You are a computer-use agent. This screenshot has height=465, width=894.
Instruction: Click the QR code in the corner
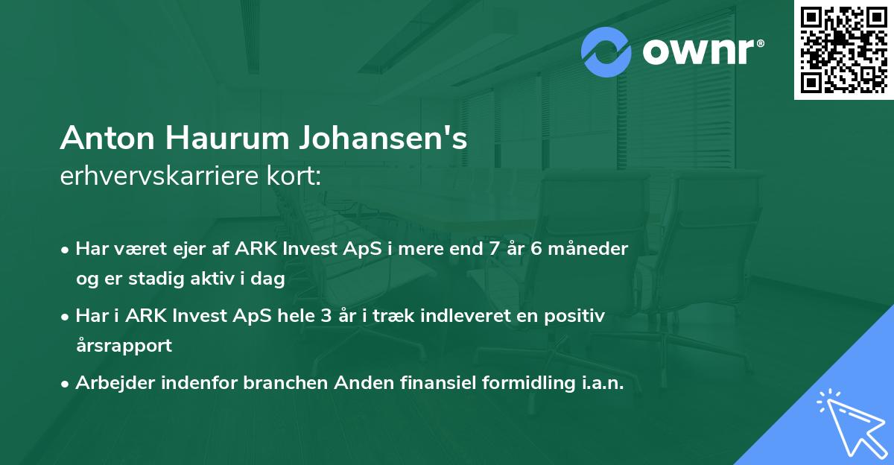coord(843,50)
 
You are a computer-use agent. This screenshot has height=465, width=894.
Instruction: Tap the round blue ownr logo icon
coord(606,52)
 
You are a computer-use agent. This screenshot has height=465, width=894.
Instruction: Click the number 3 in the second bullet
coord(326,315)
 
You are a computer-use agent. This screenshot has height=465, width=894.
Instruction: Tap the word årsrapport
coord(124,345)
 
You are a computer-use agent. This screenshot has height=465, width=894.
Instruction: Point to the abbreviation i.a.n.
coord(600,383)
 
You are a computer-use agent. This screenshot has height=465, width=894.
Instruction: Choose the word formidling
coord(524,383)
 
